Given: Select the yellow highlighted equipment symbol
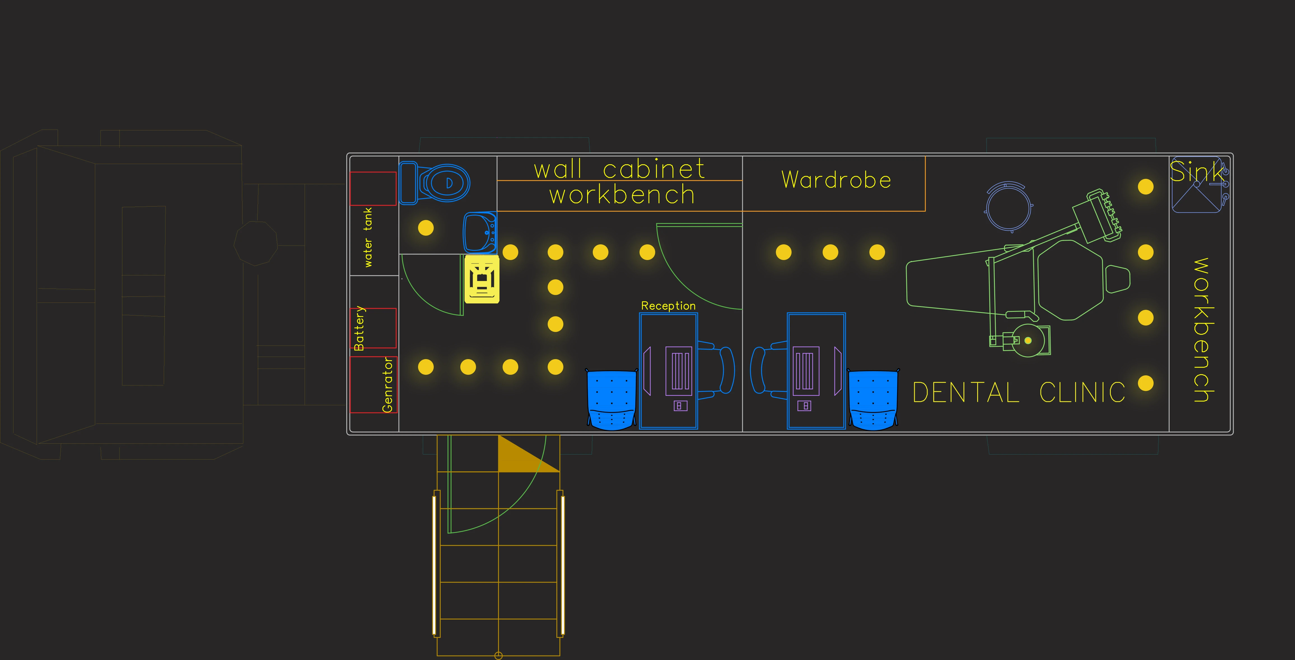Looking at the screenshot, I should pyautogui.click(x=482, y=279).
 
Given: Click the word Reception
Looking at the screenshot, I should pyautogui.click(x=668, y=306).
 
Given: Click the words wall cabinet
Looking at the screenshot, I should pyautogui.click(x=619, y=169).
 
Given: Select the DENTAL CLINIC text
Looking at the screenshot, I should pyautogui.click(x=1019, y=393).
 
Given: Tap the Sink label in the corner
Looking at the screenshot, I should pyautogui.click(x=1196, y=172).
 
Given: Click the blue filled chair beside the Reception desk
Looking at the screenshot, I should pyautogui.click(x=611, y=400).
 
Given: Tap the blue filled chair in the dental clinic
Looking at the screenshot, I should pyautogui.click(x=873, y=400).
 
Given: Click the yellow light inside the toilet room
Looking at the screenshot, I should pyautogui.click(x=426, y=228).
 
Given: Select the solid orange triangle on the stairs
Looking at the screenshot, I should pyautogui.click(x=523, y=457).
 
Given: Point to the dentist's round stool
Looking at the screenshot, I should pyautogui.click(x=1009, y=207).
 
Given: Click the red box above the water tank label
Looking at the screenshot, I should pyautogui.click(x=373, y=188).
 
